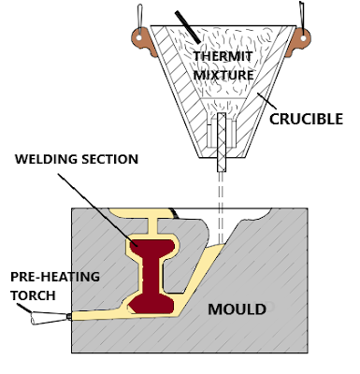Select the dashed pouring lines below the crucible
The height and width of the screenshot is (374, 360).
pos(223,201)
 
